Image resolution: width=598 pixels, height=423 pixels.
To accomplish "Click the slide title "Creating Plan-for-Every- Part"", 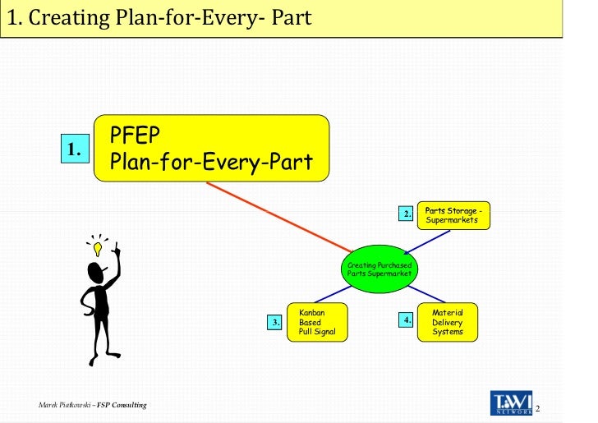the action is (x=159, y=16).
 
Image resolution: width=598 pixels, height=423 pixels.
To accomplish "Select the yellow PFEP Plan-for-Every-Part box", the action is (x=213, y=148).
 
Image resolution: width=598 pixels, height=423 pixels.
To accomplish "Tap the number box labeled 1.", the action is (x=75, y=149).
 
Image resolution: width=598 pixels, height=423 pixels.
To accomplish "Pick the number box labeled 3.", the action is (x=275, y=323).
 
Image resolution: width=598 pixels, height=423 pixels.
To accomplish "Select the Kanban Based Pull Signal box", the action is (x=317, y=322).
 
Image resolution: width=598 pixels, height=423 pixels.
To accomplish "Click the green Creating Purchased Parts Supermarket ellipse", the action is (x=379, y=269).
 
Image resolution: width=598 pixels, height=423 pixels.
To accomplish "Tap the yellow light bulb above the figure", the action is (x=98, y=246).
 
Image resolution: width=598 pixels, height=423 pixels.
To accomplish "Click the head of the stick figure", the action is (x=97, y=272).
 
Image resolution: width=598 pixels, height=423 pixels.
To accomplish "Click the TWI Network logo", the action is (x=511, y=402).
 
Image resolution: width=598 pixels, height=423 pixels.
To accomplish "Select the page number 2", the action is (x=538, y=408).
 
